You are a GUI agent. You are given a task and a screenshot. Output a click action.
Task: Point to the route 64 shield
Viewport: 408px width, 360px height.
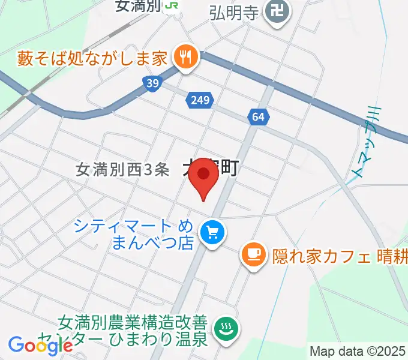coord(258,118)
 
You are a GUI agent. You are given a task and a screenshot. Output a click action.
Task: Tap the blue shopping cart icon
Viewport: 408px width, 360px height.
coord(212,231)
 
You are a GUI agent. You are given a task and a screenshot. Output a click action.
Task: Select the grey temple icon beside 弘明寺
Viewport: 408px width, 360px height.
coord(277,11)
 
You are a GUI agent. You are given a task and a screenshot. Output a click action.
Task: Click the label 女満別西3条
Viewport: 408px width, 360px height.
coord(123,170)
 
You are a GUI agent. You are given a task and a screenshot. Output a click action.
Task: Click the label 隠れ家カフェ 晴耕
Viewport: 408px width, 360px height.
coord(340,256)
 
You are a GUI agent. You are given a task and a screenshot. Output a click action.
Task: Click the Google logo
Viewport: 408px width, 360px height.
coord(40,345)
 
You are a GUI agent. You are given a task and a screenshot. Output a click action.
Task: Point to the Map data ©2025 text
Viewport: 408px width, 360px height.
coord(358,351)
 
